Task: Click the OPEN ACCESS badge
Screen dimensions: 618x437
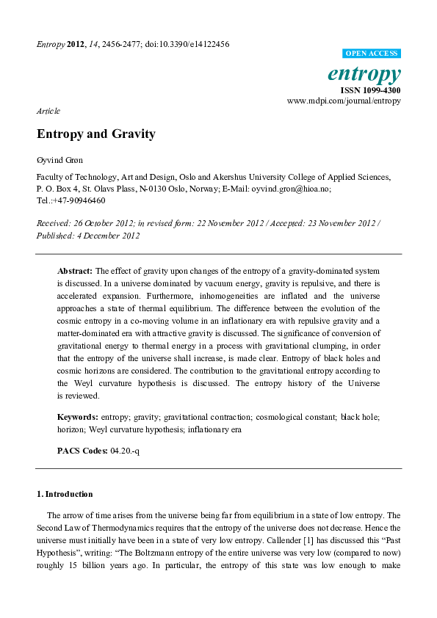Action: tap(372, 54)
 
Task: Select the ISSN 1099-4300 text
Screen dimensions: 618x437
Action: tap(371, 90)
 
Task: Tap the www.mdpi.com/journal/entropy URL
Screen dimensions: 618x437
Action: tap(344, 101)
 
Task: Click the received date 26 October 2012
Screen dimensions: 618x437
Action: tap(105, 223)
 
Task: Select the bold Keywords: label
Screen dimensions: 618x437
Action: tap(78, 417)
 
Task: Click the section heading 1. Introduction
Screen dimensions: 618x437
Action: tap(65, 494)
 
